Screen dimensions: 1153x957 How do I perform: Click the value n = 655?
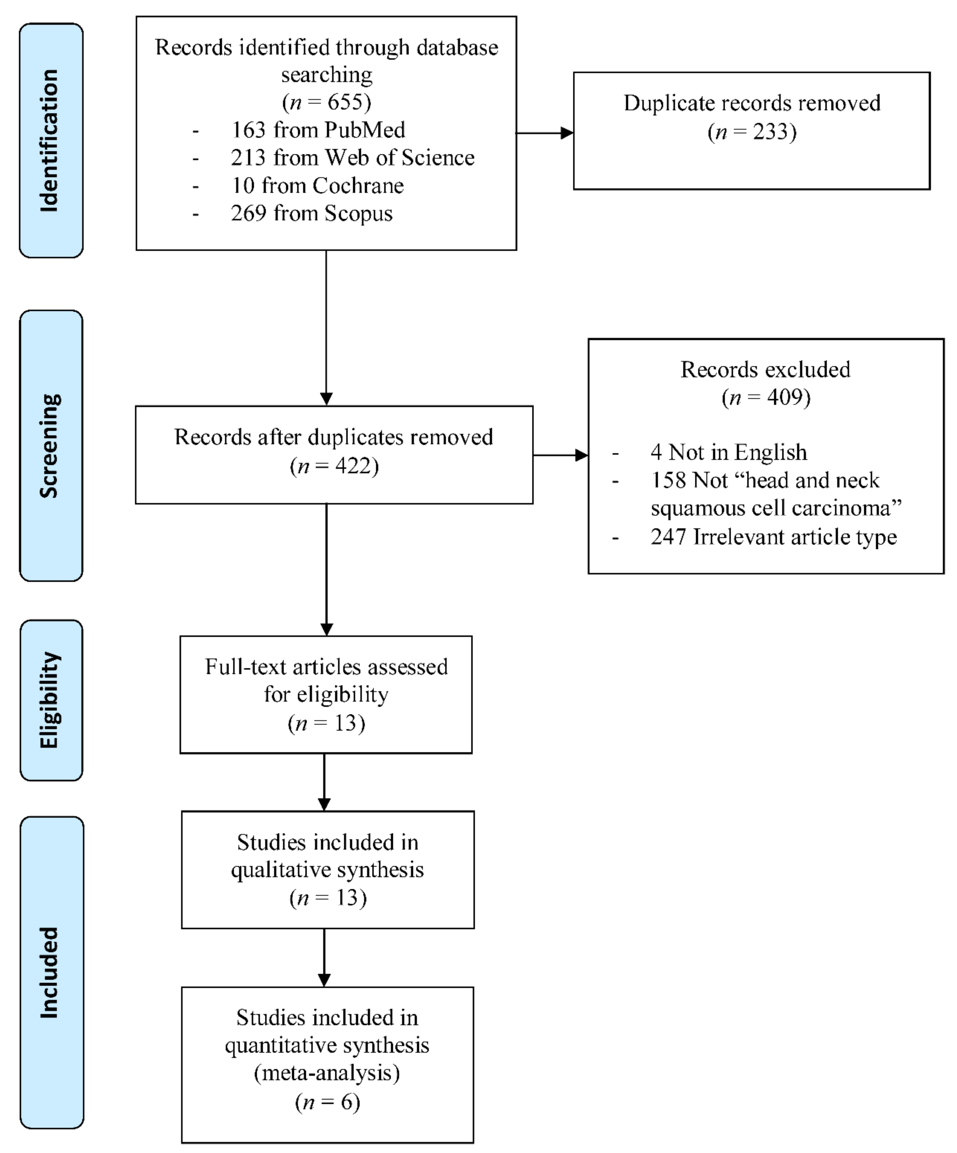(x=327, y=102)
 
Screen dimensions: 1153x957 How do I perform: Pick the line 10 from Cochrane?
(x=317, y=186)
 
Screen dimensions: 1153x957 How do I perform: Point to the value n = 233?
(x=752, y=132)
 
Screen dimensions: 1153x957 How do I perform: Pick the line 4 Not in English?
(x=729, y=452)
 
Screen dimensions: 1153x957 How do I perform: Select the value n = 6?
(x=327, y=1101)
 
